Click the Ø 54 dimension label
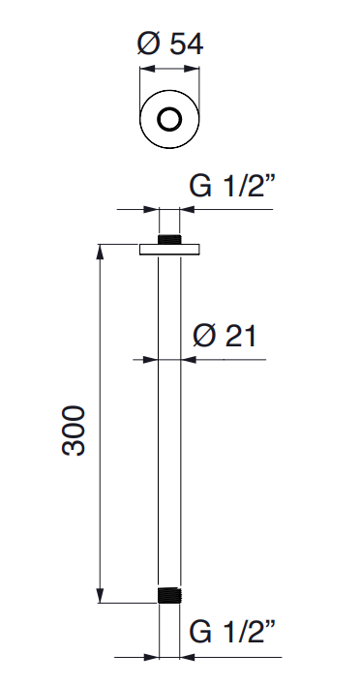tap(169, 44)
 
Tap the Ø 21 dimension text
tap(223, 336)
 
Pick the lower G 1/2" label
tap(232, 633)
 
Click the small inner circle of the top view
tap(169, 120)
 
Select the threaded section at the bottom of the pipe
tap(169, 595)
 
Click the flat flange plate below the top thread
tap(169, 252)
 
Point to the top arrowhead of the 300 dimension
tap(100, 253)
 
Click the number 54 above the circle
tap(184, 44)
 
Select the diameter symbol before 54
tap(148, 44)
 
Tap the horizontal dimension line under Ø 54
tap(169, 70)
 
